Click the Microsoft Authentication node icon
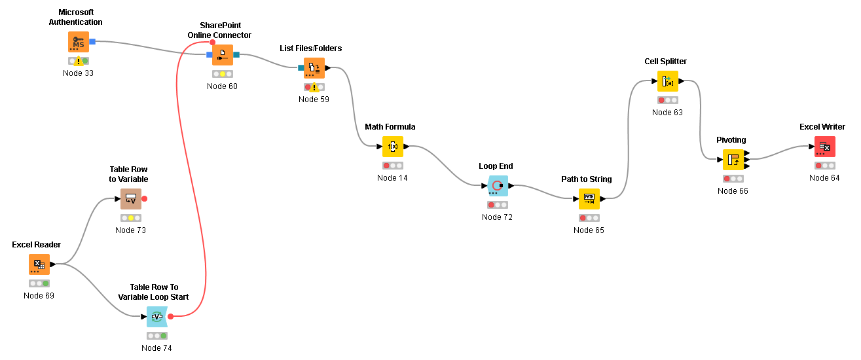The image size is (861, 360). (x=79, y=42)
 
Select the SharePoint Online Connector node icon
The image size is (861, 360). (x=223, y=55)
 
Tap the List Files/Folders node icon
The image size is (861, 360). (x=314, y=68)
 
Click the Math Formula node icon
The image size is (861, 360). (x=393, y=147)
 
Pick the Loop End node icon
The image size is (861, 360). (x=498, y=186)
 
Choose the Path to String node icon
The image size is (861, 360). (x=589, y=199)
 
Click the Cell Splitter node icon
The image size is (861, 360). (x=668, y=81)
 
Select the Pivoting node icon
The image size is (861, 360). (x=733, y=160)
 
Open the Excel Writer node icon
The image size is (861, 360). (x=825, y=147)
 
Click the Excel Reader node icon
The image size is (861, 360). (x=39, y=264)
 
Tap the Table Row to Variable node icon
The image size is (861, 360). (x=131, y=199)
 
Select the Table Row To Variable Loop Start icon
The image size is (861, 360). (x=157, y=317)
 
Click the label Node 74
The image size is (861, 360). (x=156, y=348)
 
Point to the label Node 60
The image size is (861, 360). (x=222, y=86)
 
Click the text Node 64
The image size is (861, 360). (x=824, y=177)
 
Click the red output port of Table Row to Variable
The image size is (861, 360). (x=145, y=198)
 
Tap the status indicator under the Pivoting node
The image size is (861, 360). (x=733, y=179)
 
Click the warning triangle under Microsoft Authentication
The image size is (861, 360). (x=79, y=62)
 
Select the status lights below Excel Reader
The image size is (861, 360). (x=39, y=283)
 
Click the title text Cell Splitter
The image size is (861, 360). (x=665, y=62)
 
